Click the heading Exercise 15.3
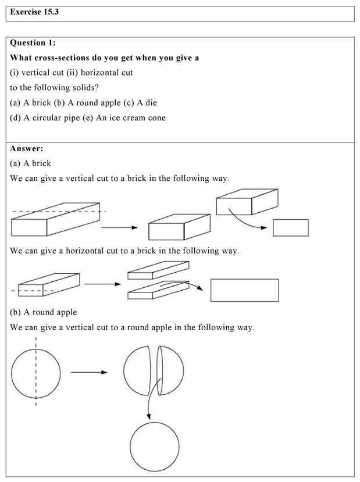pyautogui.click(x=35, y=12)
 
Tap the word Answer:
pyautogui.click(x=27, y=148)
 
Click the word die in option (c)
pyautogui.click(x=151, y=102)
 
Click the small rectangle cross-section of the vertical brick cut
pyautogui.click(x=290, y=227)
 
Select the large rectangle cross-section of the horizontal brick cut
pyautogui.click(x=244, y=290)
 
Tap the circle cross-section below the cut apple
pyautogui.click(x=155, y=447)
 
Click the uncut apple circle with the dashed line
pyautogui.click(x=23, y=373)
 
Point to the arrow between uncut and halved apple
pyautogui.click(x=88, y=372)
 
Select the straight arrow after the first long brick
pyautogui.click(x=119, y=228)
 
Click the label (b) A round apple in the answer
pyautogui.click(x=44, y=312)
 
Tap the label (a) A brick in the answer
pyautogui.click(x=31, y=163)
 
